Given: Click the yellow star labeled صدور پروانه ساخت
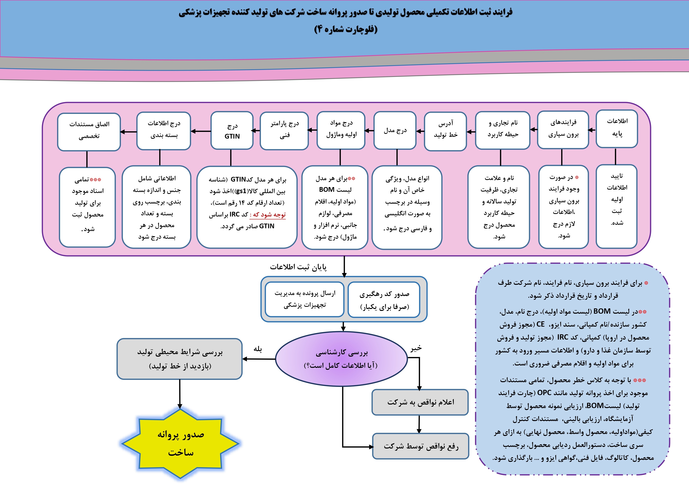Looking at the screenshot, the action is [180, 443].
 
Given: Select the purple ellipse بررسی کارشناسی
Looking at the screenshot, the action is [341, 359].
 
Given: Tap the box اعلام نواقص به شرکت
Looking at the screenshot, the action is [420, 402].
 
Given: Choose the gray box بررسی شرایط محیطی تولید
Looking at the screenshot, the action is [179, 359].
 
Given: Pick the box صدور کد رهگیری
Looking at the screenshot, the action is [384, 300].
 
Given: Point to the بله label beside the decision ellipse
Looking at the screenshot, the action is [258, 349].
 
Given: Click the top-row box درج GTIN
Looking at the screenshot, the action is [232, 131].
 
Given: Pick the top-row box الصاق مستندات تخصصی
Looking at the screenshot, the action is [89, 132].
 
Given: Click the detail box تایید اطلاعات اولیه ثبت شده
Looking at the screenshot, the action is [617, 206].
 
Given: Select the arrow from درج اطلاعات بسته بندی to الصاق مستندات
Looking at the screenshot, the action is [128, 132].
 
